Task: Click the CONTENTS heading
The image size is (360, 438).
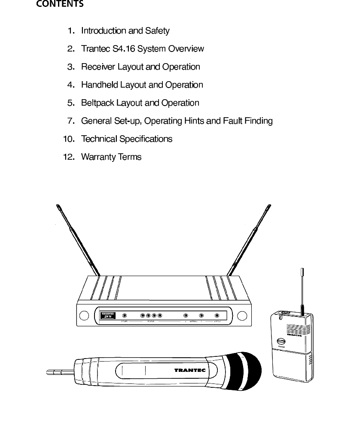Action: [x=60, y=5]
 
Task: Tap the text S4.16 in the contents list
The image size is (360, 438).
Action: [x=124, y=49]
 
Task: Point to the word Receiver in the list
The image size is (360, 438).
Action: [x=97, y=67]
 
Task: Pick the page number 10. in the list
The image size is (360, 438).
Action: [x=69, y=139]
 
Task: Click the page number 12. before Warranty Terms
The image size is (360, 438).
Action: [x=69, y=157]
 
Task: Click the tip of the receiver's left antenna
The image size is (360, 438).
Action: [x=58, y=207]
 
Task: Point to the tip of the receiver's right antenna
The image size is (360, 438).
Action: [x=269, y=207]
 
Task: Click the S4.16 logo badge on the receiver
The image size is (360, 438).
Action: [x=108, y=316]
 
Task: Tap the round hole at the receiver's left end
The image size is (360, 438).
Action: [x=85, y=316]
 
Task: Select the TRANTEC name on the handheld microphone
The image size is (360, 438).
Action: [x=189, y=370]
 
